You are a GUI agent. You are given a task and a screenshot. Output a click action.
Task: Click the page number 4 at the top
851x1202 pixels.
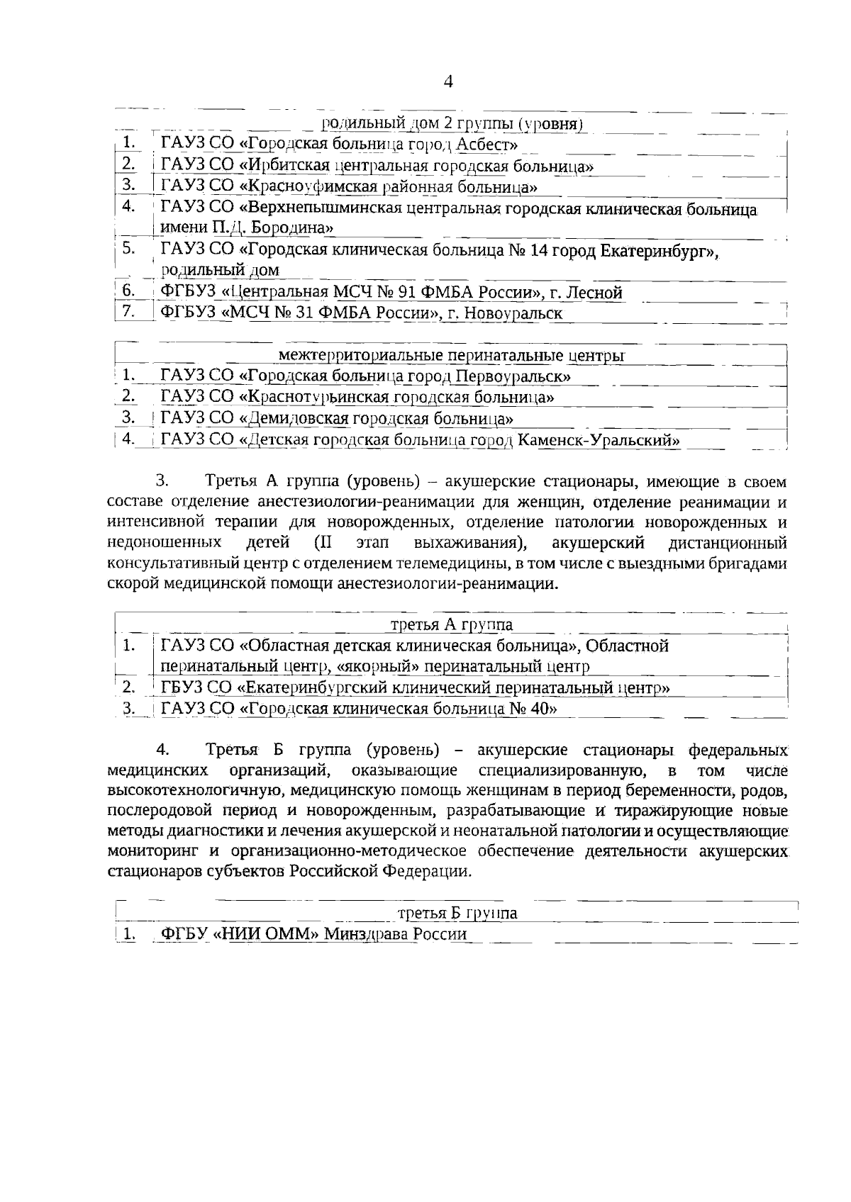tap(447, 82)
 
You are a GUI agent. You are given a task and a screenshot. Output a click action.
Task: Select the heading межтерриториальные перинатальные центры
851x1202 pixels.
tap(452, 355)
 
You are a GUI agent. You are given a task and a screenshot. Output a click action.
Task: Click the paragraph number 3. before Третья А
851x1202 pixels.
tap(162, 483)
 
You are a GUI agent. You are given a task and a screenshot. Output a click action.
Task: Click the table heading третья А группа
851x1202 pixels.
tap(452, 624)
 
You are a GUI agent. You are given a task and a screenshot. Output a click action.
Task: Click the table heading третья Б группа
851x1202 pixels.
tap(457, 913)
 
